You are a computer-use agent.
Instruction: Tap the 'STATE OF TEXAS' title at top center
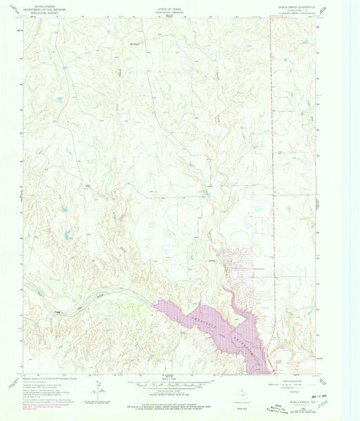coord(179,5)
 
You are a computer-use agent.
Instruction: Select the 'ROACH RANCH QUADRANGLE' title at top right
coord(299,5)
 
